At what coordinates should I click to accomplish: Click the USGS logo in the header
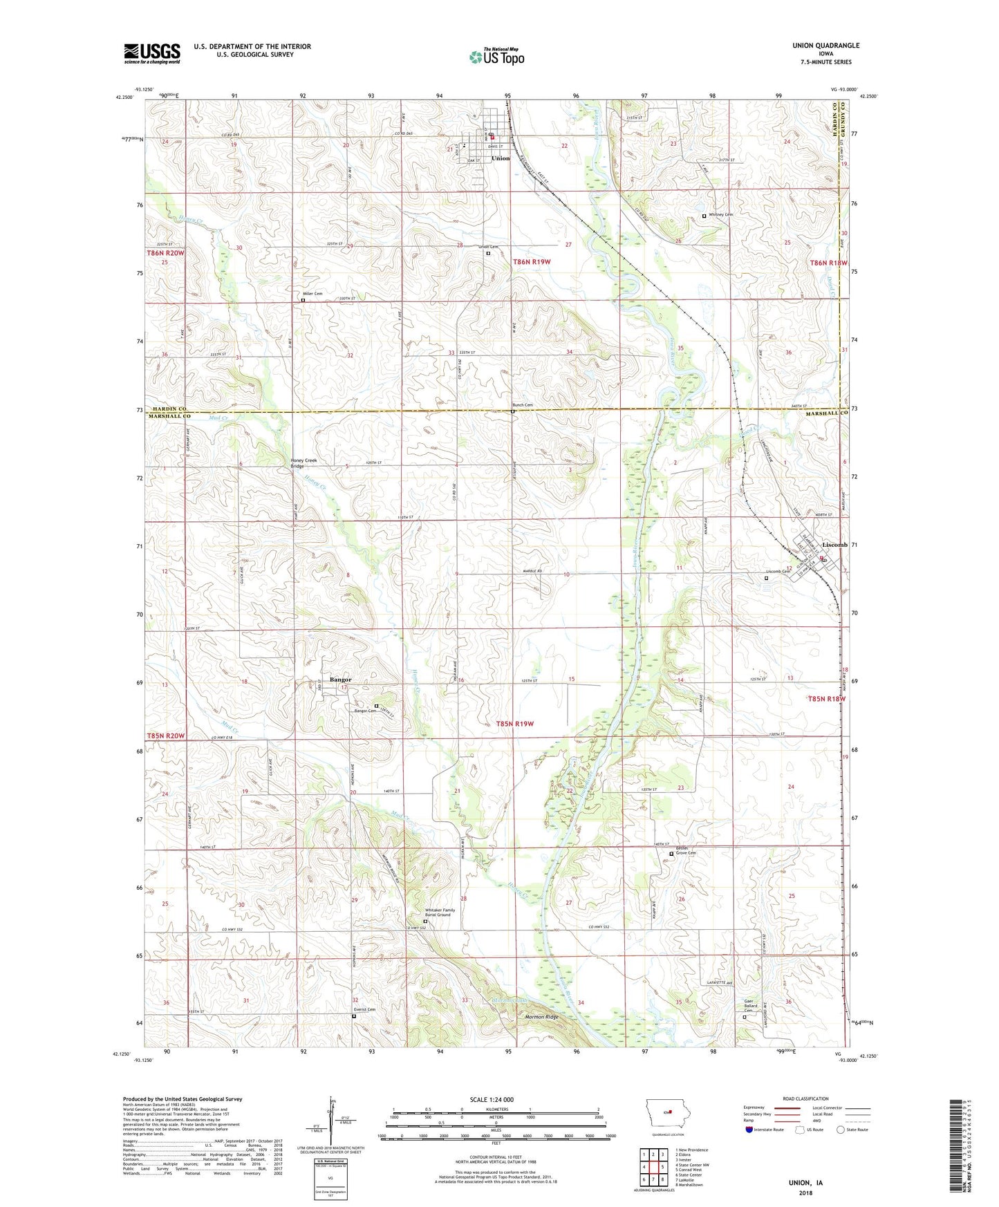(152, 53)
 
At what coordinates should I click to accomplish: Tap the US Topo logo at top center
(496, 57)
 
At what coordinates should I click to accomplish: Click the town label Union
(501, 158)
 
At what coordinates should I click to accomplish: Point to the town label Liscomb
(834, 545)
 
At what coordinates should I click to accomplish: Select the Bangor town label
(340, 680)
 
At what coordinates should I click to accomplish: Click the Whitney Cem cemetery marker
(704, 216)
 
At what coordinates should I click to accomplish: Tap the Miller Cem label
(315, 294)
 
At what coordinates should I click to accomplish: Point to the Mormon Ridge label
(541, 1017)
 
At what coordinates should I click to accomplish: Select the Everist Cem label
(364, 1009)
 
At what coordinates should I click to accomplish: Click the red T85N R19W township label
(516, 724)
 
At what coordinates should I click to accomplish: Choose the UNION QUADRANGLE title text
(825, 45)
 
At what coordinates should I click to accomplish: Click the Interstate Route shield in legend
(749, 1130)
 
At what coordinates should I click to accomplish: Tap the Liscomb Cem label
(778, 572)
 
